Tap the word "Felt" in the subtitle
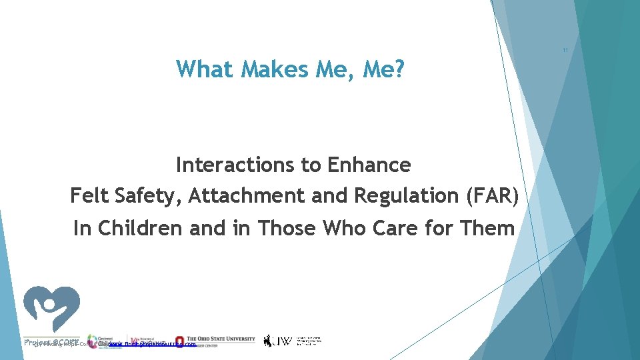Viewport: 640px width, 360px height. [90, 196]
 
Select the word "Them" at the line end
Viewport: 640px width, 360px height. [488, 228]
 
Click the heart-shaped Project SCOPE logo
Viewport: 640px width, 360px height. [52, 309]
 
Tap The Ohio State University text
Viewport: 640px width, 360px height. [221, 339]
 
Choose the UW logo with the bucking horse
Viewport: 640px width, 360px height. [277, 341]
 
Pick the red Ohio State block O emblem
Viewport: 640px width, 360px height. [180, 341]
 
